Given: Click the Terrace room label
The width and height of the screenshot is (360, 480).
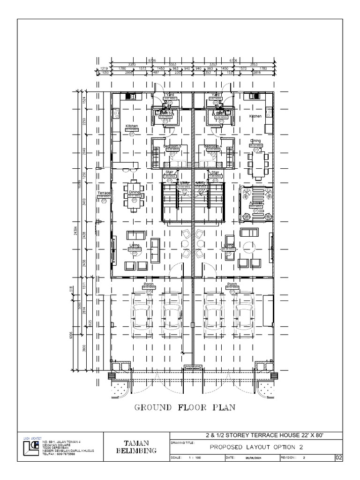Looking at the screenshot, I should click(103, 193).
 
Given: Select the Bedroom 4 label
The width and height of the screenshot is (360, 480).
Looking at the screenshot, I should click(211, 146).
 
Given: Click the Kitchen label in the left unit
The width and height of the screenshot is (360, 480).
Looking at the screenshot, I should click(132, 126).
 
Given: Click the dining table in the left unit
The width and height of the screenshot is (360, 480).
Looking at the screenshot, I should click(135, 196).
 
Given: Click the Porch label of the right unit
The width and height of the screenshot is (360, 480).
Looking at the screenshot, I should click(232, 284).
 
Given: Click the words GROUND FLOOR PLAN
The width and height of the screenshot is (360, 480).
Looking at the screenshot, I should click(185, 407).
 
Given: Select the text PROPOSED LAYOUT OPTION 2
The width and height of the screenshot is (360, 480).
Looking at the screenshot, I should click(255, 447).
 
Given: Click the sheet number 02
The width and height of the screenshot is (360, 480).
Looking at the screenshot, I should click(339, 457).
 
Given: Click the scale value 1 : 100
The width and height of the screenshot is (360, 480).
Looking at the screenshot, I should click(194, 457).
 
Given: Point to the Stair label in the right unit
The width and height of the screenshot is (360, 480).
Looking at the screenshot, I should click(215, 172).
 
